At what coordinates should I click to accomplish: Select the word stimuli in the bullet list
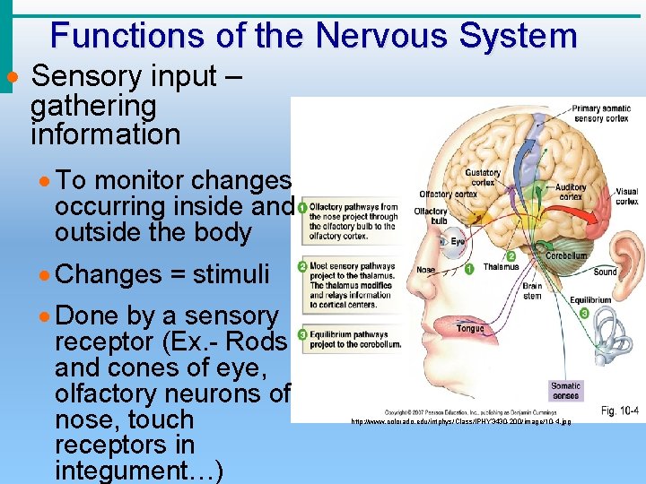point(231,274)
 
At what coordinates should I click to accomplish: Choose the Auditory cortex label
point(572,191)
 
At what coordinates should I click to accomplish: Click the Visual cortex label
point(626,195)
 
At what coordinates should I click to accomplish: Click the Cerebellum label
point(566,255)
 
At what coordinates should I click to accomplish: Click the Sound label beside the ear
point(606,272)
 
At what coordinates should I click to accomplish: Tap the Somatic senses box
point(565,391)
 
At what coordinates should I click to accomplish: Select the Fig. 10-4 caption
point(620,411)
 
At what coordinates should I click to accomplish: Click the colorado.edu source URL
point(460,420)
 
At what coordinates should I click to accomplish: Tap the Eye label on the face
point(458,241)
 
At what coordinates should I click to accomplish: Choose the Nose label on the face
point(425,269)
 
